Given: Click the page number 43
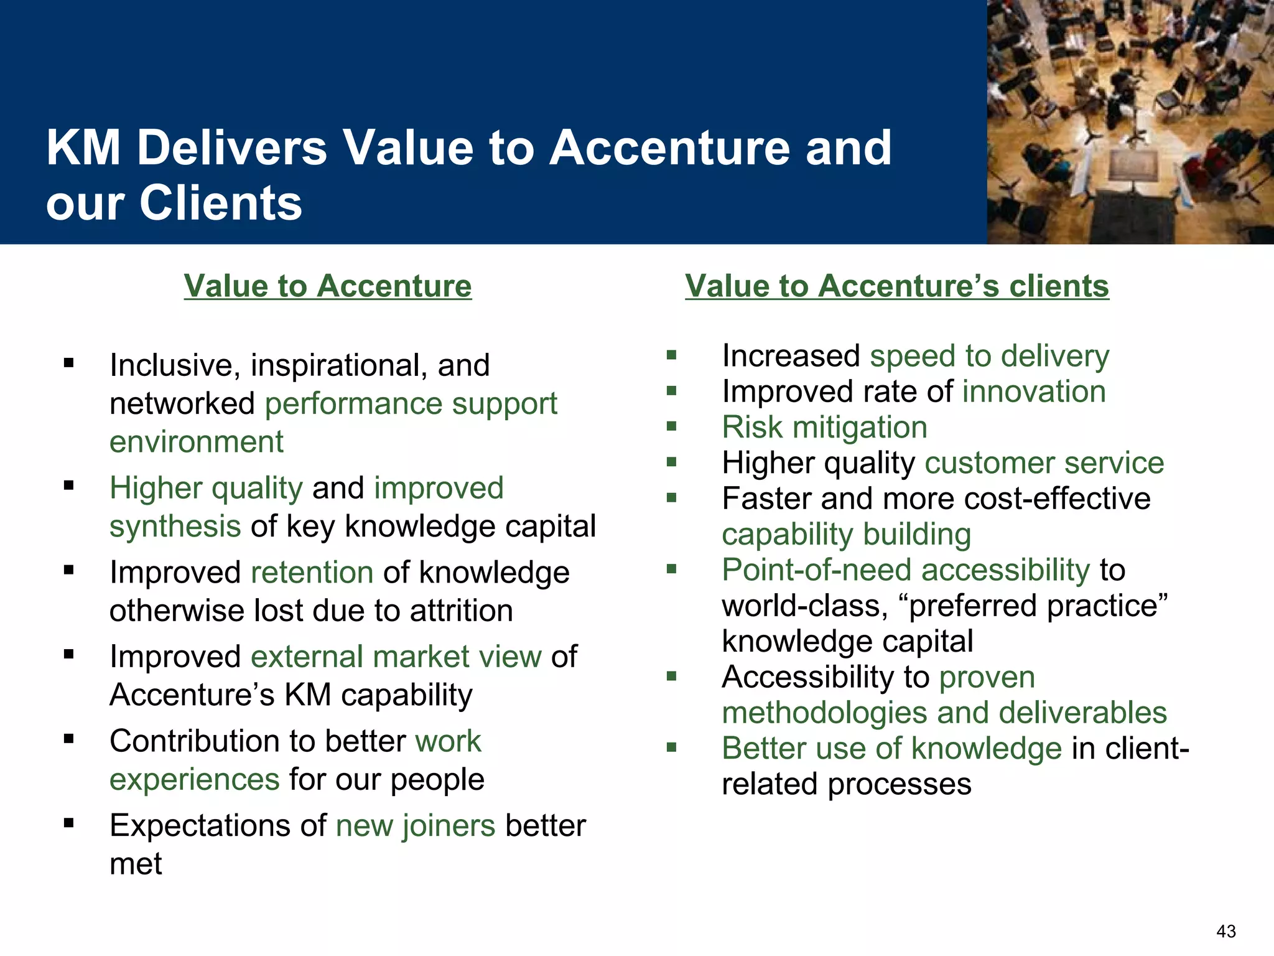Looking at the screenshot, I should click(x=1226, y=931).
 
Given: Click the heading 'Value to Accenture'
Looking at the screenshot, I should click(x=328, y=286).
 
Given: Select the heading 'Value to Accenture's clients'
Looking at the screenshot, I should click(x=896, y=286).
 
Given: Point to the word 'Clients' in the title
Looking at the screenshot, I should click(x=221, y=203).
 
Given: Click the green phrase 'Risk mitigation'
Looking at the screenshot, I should click(x=824, y=427).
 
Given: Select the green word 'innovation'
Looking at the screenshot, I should click(x=1034, y=391).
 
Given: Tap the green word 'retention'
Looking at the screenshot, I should click(x=312, y=572).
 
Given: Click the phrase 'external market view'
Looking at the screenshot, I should click(x=396, y=657).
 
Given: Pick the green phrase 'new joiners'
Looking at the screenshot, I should click(x=416, y=825).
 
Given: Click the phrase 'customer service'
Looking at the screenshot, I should click(x=1044, y=463).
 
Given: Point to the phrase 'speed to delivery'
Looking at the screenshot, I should click(x=989, y=356).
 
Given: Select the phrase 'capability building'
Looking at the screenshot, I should click(x=846, y=534).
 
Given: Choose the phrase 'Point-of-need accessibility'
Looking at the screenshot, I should click(x=906, y=569).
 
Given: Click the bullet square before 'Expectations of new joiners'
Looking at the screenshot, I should click(x=68, y=824).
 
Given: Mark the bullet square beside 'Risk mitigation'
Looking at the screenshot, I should click(x=671, y=427).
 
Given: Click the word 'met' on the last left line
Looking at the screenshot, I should click(x=136, y=864).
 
